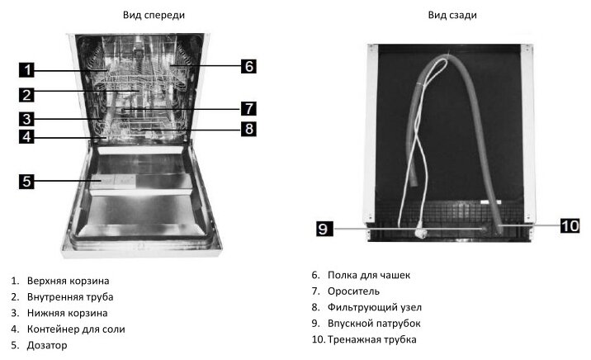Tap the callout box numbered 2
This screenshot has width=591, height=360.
pyautogui.click(x=27, y=94)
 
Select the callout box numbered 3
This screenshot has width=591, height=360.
pyautogui.click(x=27, y=118)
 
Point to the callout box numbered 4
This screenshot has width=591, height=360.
pyautogui.click(x=27, y=137)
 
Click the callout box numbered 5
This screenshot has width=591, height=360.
pyautogui.click(x=27, y=181)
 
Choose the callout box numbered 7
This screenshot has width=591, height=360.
pyautogui.click(x=248, y=108)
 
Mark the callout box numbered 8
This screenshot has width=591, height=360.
pyautogui.click(x=248, y=129)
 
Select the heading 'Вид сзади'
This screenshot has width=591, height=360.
pyautogui.click(x=452, y=16)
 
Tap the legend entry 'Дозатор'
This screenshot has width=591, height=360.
pyautogui.click(x=47, y=345)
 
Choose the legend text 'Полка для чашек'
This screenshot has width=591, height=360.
pyautogui.click(x=368, y=275)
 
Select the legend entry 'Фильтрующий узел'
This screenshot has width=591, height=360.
pyautogui.click(x=373, y=307)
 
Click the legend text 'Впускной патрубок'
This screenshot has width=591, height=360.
pyautogui.click(x=374, y=324)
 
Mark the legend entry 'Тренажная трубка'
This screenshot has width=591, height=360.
pyautogui.click(x=371, y=339)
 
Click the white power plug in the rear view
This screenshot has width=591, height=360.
pyautogui.click(x=427, y=233)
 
